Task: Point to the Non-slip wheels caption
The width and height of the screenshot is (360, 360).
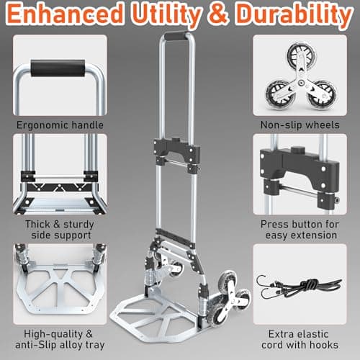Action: click(301, 125)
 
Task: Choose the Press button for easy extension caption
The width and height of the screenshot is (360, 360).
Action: click(301, 228)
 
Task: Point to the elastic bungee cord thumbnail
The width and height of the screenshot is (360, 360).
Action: click(301, 284)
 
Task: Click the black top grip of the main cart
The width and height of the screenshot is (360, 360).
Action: click(176, 35)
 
